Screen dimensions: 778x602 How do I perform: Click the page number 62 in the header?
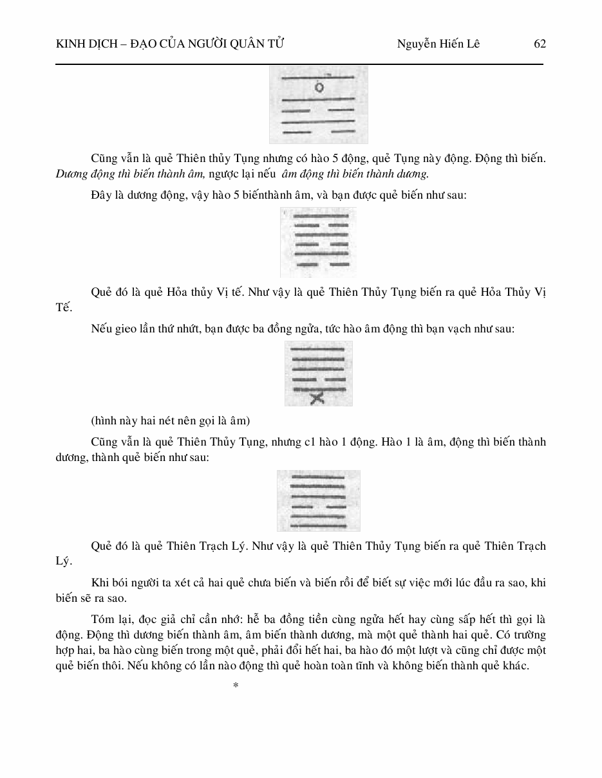click(x=540, y=44)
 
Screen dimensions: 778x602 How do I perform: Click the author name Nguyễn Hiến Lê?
click(x=438, y=44)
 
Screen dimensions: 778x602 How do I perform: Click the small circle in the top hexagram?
click(x=319, y=87)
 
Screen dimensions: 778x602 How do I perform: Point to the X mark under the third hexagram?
click(x=317, y=399)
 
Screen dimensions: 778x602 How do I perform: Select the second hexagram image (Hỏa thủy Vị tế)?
click(x=318, y=242)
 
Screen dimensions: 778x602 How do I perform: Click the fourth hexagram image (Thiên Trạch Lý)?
click(x=318, y=500)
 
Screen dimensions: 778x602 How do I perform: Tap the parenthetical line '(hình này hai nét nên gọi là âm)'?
click(x=170, y=421)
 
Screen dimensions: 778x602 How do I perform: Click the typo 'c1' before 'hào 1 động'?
click(x=294, y=442)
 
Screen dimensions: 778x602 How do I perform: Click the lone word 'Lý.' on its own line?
click(x=64, y=561)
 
